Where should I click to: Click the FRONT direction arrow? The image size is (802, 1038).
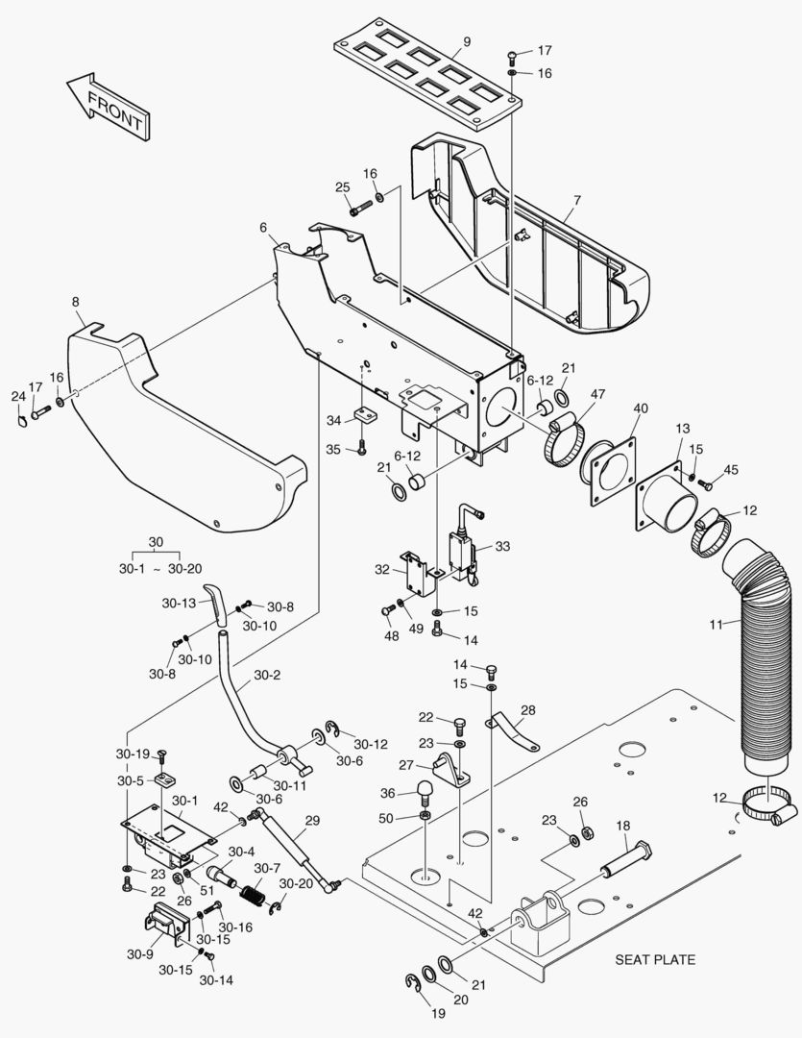pos(106,104)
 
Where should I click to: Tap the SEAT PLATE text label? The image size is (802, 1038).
pos(655,959)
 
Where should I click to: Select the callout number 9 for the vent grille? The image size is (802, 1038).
pos(467,41)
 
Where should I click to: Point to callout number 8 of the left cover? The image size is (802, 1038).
pos(76,302)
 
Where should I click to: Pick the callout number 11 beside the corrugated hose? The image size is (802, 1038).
pos(717,625)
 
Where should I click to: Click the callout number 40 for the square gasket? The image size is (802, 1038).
pos(641,408)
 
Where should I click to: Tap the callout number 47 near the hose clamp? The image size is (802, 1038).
pos(597,395)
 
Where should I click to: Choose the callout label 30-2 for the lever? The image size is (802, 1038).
pos(268,676)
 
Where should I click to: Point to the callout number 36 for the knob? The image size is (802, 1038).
pos(387,793)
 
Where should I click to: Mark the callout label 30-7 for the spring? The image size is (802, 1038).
pos(268,868)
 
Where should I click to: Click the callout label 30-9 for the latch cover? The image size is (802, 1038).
pos(140,954)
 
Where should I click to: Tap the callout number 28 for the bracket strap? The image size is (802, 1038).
pos(528,710)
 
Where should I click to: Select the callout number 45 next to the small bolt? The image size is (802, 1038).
pos(732,469)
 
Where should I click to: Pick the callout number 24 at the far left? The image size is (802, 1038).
pos(18,396)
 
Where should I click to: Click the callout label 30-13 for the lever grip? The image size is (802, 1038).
pos(179,604)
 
